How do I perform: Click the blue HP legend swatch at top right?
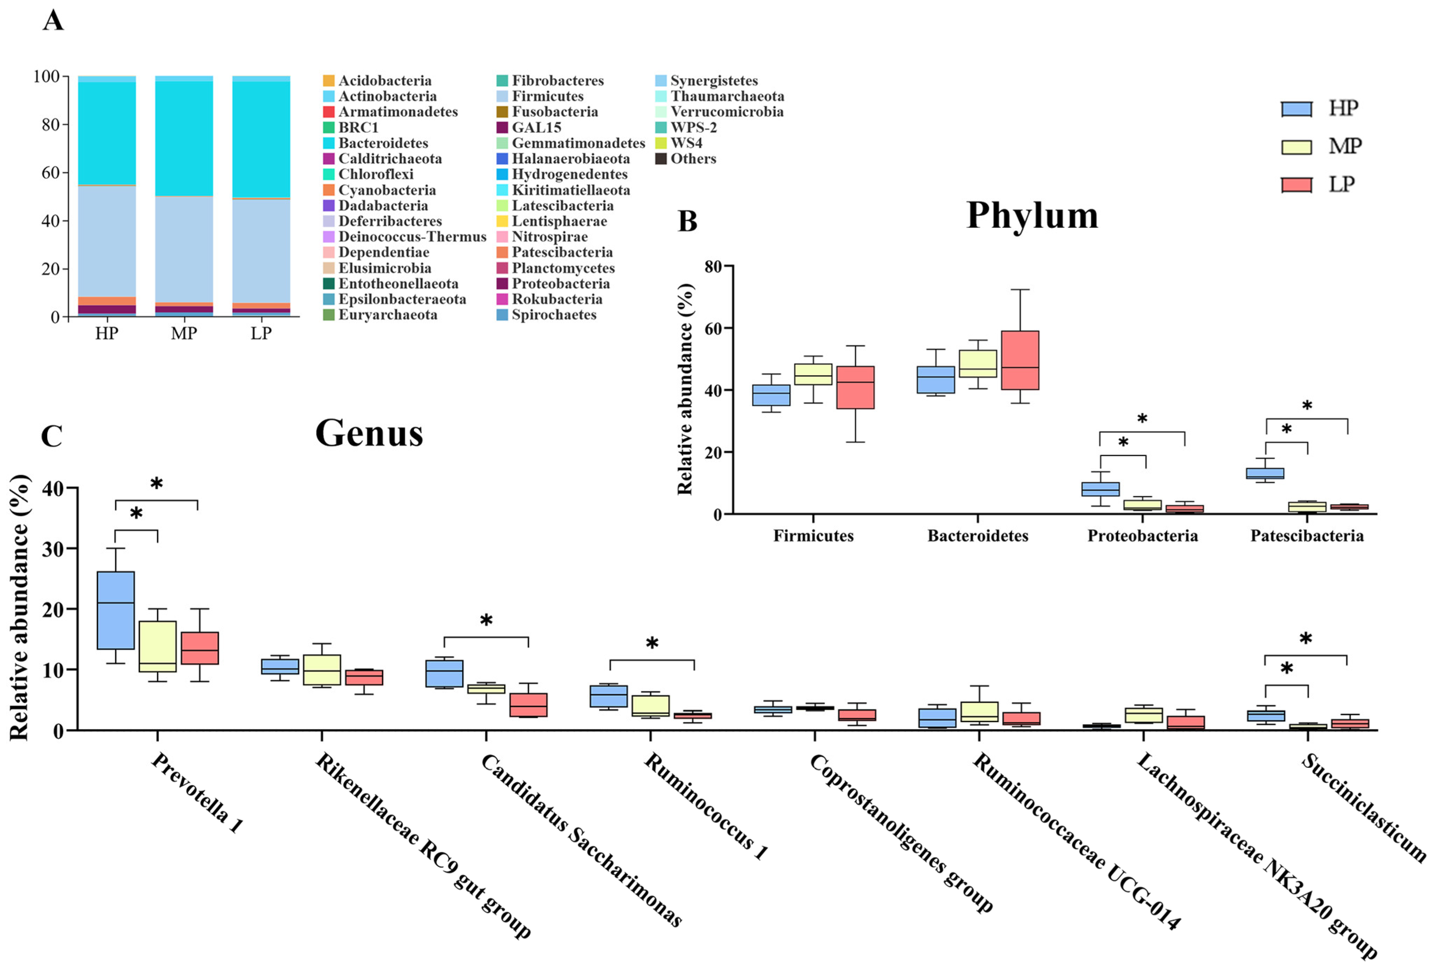[x=1296, y=109]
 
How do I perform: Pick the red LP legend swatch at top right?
[x=1296, y=184]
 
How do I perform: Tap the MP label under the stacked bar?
[x=184, y=333]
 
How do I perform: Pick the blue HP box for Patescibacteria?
[x=1265, y=473]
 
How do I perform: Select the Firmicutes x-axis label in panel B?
[x=813, y=536]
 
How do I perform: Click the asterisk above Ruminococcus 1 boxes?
[x=651, y=644]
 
